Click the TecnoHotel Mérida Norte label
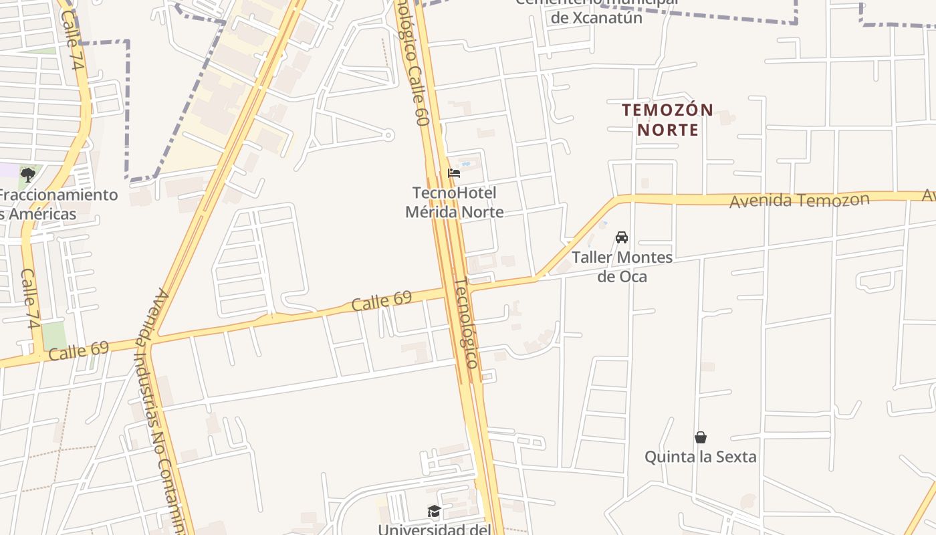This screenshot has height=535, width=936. pos(455,202)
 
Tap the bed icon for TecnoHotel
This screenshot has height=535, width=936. pos(454,173)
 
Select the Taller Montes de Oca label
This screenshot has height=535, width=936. pos(622,266)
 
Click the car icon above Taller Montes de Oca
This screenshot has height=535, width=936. pos(622,237)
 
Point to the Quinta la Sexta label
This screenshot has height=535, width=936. pos(700,457)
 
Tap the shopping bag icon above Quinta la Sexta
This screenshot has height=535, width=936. pos(701,437)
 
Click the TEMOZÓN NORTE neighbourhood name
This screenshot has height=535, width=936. pos(668,119)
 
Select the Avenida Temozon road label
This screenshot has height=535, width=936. pos(799,200)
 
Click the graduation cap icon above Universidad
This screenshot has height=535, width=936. pos(435,512)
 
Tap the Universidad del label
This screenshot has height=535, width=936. pos(435,529)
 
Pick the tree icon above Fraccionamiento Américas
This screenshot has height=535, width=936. pos(28,175)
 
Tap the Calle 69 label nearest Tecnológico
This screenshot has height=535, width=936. pos(381,302)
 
